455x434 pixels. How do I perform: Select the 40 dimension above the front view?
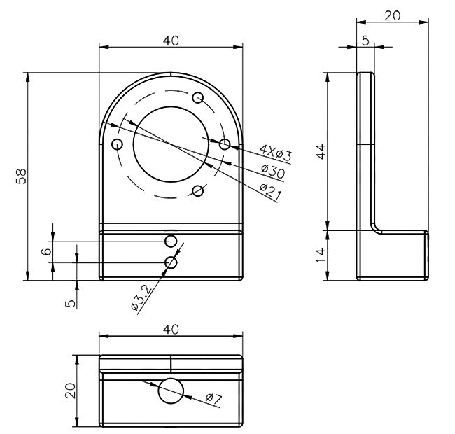click(171, 41)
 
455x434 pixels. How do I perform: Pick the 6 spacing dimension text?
click(47, 251)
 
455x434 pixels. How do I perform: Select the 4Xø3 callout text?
click(274, 150)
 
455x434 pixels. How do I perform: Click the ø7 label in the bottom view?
click(214, 398)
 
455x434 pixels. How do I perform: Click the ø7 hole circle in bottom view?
click(170, 391)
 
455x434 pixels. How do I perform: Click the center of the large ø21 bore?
click(171, 143)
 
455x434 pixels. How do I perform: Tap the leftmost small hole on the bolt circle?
click(117, 144)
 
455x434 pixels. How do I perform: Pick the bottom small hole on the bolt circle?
click(198, 190)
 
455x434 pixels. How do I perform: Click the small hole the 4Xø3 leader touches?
click(224, 143)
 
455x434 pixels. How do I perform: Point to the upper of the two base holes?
click(171, 241)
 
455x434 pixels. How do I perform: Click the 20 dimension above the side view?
click(392, 16)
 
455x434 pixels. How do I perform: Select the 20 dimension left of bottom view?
click(69, 390)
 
